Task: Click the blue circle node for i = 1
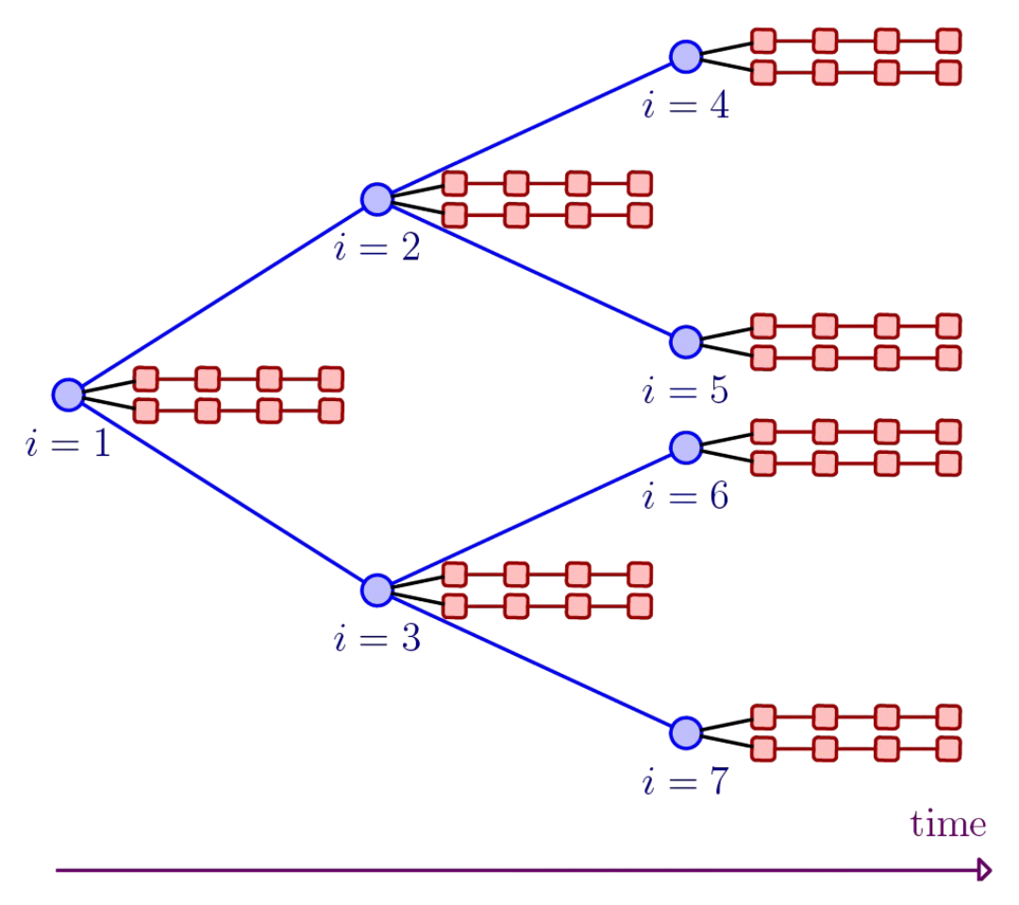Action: click(x=68, y=394)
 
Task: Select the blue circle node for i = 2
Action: click(x=376, y=199)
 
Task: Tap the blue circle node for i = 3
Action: click(x=376, y=590)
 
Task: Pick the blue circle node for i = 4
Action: click(x=686, y=57)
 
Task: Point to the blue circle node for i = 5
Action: click(x=686, y=342)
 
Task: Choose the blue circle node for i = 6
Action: click(x=686, y=447)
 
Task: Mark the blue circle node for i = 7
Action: click(x=686, y=732)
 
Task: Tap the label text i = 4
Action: click(x=686, y=106)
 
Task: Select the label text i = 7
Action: click(x=686, y=782)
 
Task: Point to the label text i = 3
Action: click(x=376, y=640)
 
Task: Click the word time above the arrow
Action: click(x=947, y=825)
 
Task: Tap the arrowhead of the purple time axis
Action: click(x=984, y=870)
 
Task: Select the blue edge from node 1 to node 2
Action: click(x=222, y=297)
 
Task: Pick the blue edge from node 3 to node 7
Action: click(x=531, y=661)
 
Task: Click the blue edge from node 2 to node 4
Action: click(x=531, y=127)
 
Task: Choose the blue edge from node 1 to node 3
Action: click(x=222, y=492)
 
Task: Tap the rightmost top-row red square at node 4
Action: click(x=948, y=41)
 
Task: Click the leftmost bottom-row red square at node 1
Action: click(x=145, y=411)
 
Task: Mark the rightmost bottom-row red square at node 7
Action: click(x=948, y=749)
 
